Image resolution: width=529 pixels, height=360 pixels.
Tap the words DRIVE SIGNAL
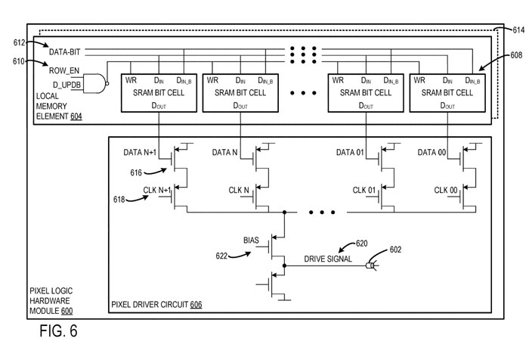click(x=327, y=259)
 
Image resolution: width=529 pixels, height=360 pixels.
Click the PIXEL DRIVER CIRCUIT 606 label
click(x=156, y=305)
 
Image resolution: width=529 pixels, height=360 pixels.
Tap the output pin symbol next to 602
click(x=371, y=265)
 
